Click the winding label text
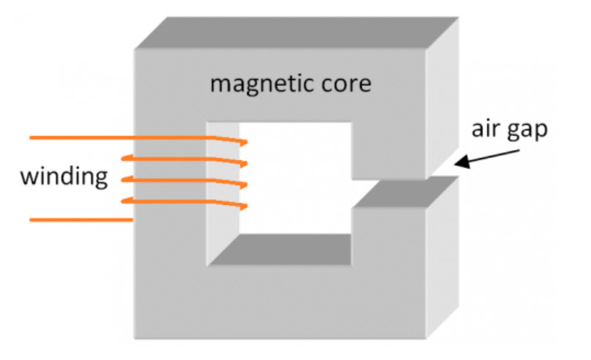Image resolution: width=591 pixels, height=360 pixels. [x=64, y=176]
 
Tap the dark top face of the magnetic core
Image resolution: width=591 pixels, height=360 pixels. [x=293, y=34]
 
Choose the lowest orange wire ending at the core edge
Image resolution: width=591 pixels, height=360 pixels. [x=80, y=219]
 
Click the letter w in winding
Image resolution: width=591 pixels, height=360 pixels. [x=28, y=176]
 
